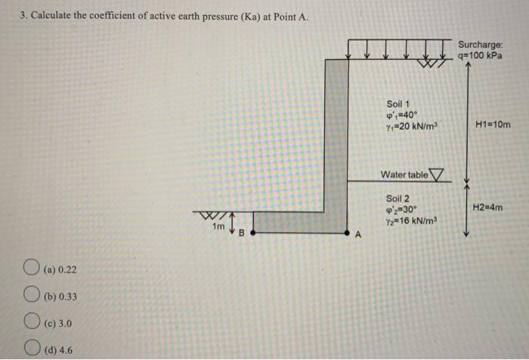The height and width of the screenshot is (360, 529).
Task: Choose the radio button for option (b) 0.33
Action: tap(32, 296)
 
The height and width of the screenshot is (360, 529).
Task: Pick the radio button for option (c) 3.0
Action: tap(32, 324)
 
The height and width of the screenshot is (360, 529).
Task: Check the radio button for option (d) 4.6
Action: tap(32, 350)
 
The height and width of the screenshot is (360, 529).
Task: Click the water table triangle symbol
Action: tap(438, 175)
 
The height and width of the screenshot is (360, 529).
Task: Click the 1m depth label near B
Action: tap(218, 226)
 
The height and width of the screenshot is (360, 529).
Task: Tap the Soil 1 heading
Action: tap(399, 104)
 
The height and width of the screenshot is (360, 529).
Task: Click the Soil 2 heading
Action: tap(399, 198)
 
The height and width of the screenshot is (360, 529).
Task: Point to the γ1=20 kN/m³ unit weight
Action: tap(413, 127)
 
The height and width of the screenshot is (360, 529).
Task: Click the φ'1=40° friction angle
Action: tap(401, 116)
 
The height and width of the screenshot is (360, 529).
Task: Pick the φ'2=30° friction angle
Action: tap(401, 209)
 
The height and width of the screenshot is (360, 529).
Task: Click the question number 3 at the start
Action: tap(23, 18)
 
